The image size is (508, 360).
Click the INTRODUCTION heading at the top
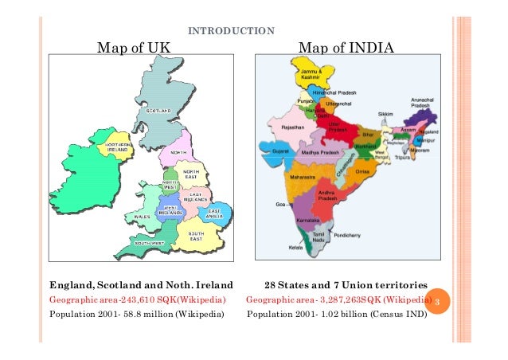(231, 32)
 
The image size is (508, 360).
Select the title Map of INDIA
(346, 49)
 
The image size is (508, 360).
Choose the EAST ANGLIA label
(215, 213)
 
